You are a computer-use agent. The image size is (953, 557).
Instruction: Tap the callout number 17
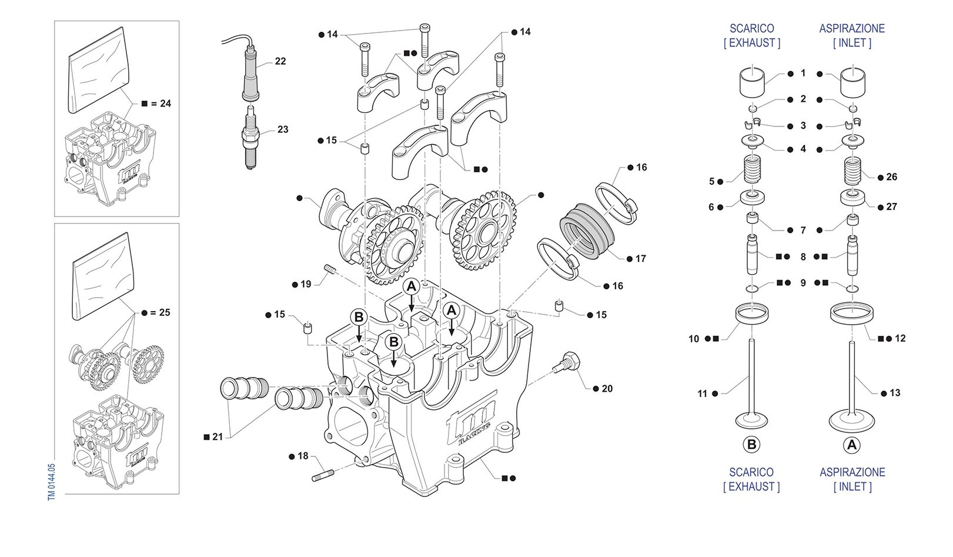click(640, 258)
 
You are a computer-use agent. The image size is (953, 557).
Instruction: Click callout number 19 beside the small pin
click(306, 285)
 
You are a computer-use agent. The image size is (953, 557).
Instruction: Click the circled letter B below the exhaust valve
click(751, 445)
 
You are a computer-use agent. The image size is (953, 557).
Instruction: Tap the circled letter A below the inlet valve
click(852, 445)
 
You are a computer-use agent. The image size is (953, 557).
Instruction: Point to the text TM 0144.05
click(51, 481)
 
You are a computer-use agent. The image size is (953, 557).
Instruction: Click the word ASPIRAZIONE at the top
click(852, 28)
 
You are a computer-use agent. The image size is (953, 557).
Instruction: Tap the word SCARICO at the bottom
click(751, 472)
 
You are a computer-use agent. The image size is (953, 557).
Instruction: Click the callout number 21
click(218, 437)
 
